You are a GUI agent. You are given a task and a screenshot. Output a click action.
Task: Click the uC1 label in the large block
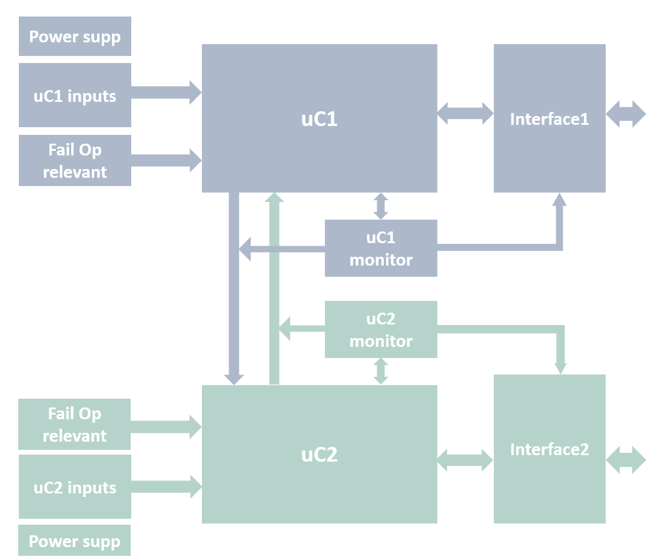click(319, 119)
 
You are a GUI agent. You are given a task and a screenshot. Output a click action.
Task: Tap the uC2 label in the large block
click(319, 455)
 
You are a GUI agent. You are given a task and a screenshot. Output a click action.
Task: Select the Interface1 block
click(549, 118)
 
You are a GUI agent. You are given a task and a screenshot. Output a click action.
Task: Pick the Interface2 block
click(549, 449)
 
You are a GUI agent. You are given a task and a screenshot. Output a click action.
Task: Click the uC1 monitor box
click(381, 248)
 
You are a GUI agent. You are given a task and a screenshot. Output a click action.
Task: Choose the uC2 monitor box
click(381, 329)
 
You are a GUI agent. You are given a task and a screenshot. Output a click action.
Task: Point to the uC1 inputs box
click(75, 95)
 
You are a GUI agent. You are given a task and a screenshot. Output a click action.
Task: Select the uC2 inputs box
click(75, 487)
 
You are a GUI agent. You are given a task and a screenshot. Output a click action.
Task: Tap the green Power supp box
click(74, 541)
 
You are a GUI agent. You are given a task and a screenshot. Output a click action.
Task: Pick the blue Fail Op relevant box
click(75, 161)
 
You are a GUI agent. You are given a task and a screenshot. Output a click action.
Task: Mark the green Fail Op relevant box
click(75, 425)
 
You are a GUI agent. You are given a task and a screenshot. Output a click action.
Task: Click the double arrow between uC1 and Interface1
click(465, 113)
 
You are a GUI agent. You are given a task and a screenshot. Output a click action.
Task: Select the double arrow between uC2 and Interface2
click(465, 460)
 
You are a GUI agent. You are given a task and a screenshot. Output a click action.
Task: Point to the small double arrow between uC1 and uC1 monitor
click(381, 206)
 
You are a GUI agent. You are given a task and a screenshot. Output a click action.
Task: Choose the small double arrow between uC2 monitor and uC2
click(381, 371)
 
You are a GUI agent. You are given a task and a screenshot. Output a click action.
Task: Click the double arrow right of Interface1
click(626, 114)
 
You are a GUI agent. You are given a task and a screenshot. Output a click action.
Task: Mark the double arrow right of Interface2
click(626, 460)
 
